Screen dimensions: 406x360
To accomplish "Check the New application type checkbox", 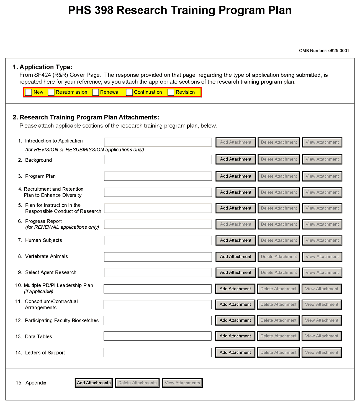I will pos(29,92).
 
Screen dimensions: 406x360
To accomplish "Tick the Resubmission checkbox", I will pos(51,92).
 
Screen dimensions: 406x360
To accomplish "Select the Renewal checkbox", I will pos(96,92).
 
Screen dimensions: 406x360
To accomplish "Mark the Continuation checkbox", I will pos(129,92).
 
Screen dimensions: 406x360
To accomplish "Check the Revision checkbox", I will pos(171,92).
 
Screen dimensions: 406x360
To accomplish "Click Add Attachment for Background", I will pos(236,159).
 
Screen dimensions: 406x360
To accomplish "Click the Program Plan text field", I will pos(158,176).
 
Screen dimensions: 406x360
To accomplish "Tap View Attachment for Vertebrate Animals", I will pos(322,257).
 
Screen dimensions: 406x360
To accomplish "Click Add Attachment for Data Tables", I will pos(235,336).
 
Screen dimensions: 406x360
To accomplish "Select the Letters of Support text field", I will pos(157,353).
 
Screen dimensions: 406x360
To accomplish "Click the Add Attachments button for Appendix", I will pos(94,383).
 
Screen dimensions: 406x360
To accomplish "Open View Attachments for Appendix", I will pos(182,383).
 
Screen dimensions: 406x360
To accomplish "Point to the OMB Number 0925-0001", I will pos(324,51).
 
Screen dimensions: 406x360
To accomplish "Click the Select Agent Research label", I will pos(51,272).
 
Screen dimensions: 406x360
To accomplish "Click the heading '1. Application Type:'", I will pos(43,67).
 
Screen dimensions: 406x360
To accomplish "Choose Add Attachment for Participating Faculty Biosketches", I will pos(235,320).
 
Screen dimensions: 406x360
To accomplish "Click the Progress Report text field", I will pos(158,224).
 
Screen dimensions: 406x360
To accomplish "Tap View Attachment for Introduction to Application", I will pos(322,142).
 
